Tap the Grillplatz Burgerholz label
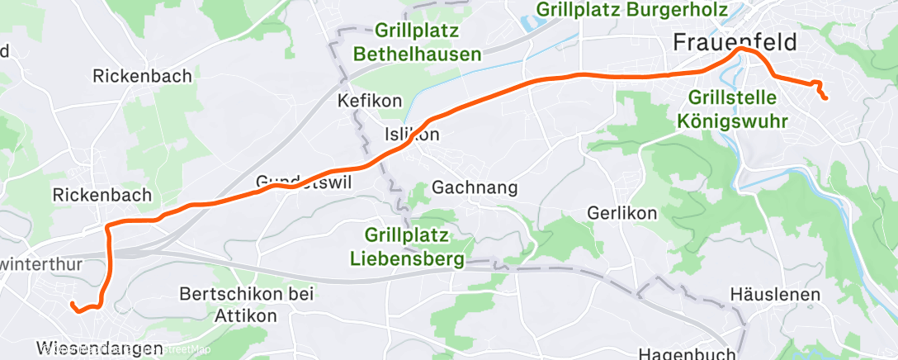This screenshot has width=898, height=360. tap(631, 10)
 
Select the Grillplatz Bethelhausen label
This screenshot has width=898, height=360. tap(417, 43)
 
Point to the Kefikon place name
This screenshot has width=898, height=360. tap(370, 101)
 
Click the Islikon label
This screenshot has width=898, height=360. tap(412, 135)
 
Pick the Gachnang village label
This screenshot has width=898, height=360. tap(475, 188)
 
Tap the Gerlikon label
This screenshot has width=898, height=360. tap(622, 213)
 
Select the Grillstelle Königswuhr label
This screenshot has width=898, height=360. tap(732, 109)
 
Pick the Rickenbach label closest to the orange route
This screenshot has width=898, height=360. tap(102, 196)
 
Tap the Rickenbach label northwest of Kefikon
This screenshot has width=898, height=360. tap(142, 76)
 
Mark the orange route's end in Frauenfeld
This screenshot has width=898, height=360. tap(825, 99)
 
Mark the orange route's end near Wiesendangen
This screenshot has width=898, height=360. tap(72, 304)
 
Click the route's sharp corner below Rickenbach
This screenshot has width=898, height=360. tap(108, 225)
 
